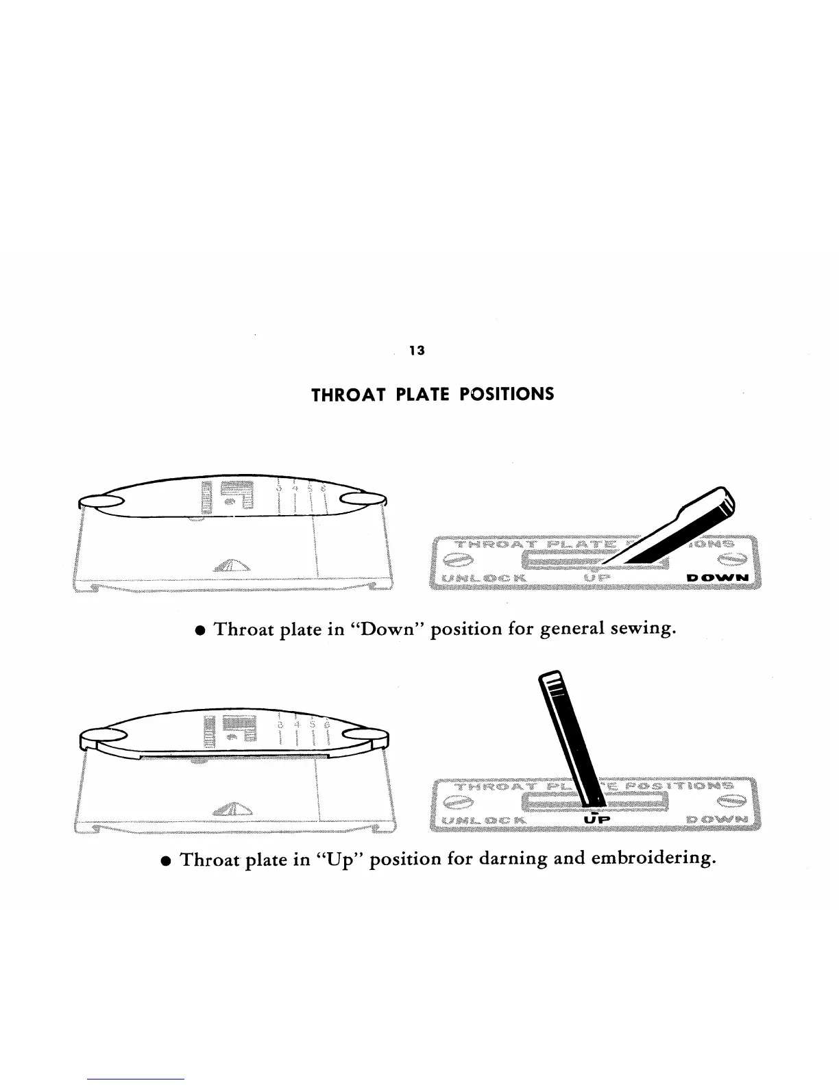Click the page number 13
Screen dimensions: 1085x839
coord(417,351)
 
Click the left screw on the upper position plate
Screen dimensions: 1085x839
coord(456,560)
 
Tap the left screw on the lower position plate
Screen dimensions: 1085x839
coord(457,801)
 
